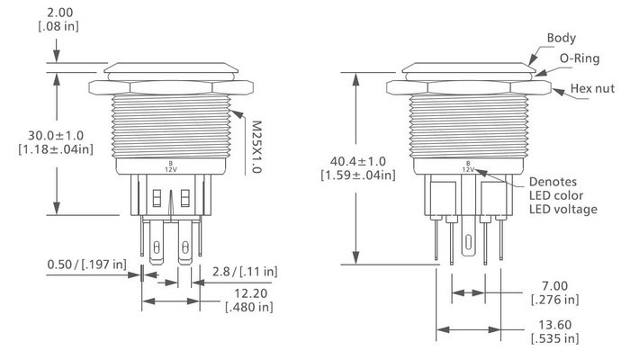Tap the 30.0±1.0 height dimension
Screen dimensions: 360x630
pyautogui.click(x=55, y=134)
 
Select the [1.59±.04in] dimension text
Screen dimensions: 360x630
pyautogui.click(x=356, y=175)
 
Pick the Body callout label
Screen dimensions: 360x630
pyautogui.click(x=562, y=38)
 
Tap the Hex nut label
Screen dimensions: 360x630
pyautogui.click(x=594, y=90)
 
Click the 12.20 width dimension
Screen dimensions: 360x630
pyautogui.click(x=248, y=293)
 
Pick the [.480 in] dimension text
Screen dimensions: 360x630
pyautogui.click(x=248, y=308)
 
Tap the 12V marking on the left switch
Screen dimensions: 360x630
pyautogui.click(x=171, y=168)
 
